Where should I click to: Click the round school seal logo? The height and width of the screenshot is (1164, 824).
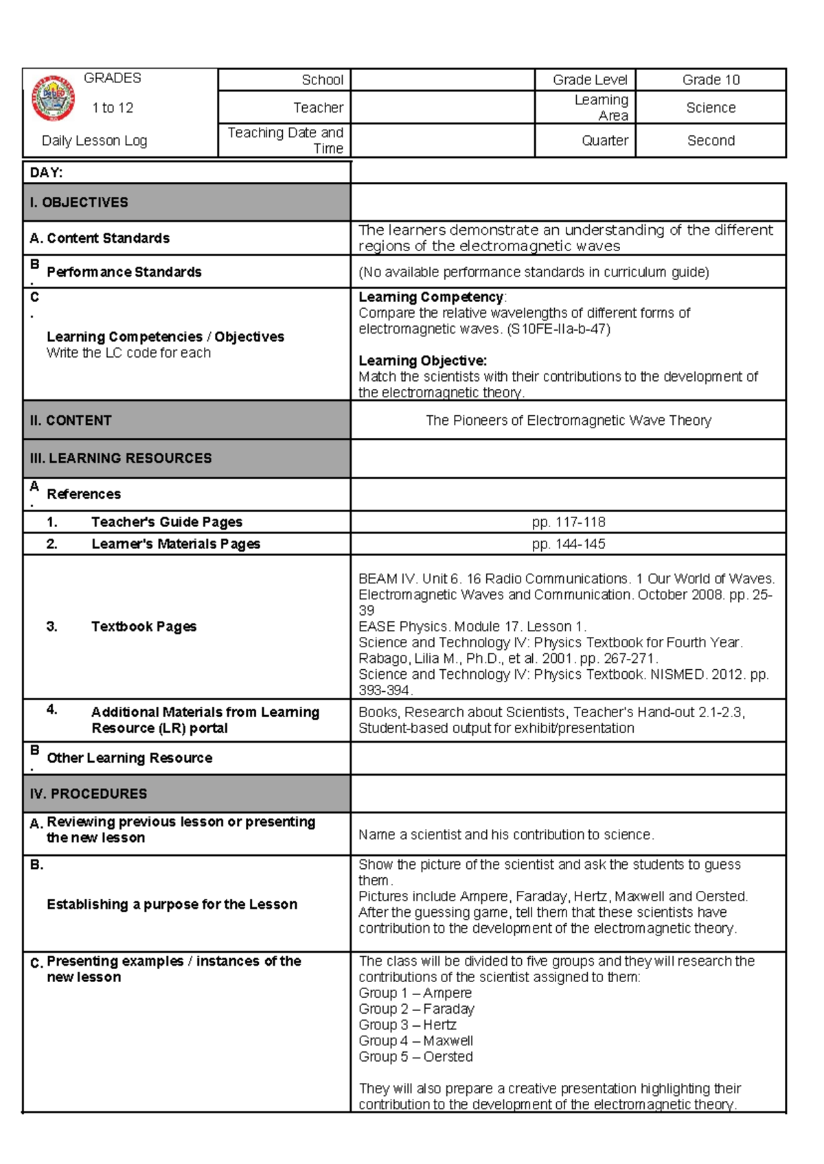[53, 98]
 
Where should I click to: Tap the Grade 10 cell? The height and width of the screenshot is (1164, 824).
[711, 80]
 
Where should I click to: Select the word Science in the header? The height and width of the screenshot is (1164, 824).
[711, 108]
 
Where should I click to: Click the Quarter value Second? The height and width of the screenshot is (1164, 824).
[711, 141]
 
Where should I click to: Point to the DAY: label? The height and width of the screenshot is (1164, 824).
[46, 173]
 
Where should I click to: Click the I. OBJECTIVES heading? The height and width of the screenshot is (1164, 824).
[79, 202]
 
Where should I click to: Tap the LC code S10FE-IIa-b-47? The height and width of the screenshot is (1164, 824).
[558, 329]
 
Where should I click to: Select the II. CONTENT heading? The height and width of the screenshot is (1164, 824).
[71, 421]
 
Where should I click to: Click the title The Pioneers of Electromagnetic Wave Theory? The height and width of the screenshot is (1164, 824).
[568, 421]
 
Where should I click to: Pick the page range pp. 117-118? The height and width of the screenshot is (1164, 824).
[568, 522]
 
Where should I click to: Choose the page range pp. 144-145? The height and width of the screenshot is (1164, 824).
[568, 544]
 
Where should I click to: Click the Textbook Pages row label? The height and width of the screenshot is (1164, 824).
[144, 627]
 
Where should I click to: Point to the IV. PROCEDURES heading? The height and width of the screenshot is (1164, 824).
[89, 794]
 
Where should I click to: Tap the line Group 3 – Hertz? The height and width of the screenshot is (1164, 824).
[407, 1025]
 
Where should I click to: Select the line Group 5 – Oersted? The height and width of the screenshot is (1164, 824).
[415, 1057]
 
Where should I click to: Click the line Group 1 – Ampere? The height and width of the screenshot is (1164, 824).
[415, 993]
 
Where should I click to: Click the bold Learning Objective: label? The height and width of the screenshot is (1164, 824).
[422, 361]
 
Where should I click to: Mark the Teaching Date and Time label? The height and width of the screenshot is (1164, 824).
[286, 141]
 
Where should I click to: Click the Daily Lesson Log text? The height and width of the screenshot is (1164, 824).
[94, 141]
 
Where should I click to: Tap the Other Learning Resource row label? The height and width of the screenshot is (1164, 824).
[129, 758]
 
